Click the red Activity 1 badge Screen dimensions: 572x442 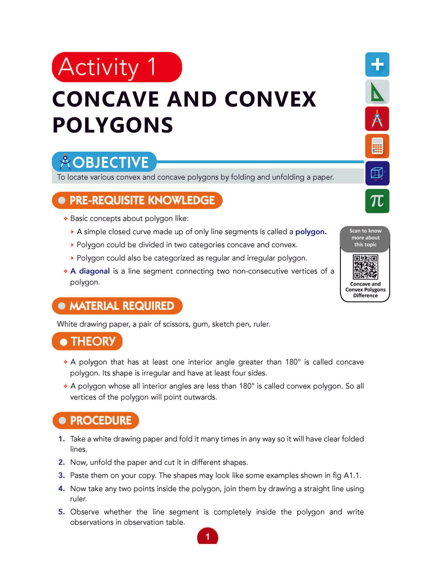tap(117, 67)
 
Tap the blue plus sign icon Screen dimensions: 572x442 tap(377, 65)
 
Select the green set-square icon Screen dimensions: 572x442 tap(377, 92)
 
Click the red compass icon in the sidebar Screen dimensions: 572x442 tap(377, 119)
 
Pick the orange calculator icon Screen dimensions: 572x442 tap(377, 146)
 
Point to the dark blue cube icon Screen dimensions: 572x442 tap(377, 174)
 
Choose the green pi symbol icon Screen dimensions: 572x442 tap(377, 201)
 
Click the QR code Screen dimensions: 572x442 tap(365, 267)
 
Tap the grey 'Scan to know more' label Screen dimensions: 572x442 tap(365, 237)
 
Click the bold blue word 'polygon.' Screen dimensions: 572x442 tap(311, 232)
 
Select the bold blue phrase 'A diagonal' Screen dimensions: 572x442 tap(90, 271)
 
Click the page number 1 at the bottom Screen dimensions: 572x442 tap(207, 537)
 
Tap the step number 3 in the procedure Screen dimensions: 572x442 tap(61, 475)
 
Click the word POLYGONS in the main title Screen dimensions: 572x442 tap(113, 125)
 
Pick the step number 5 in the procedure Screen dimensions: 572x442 tap(61, 512)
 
